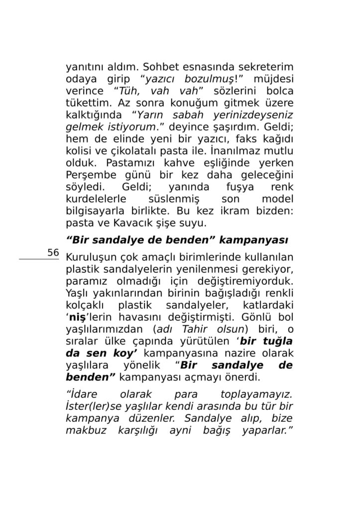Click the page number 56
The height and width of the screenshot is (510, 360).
pyautogui.click(x=53, y=253)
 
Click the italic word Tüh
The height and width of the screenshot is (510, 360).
pyautogui.click(x=128, y=92)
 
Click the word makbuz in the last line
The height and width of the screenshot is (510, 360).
pyautogui.click(x=85, y=430)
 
